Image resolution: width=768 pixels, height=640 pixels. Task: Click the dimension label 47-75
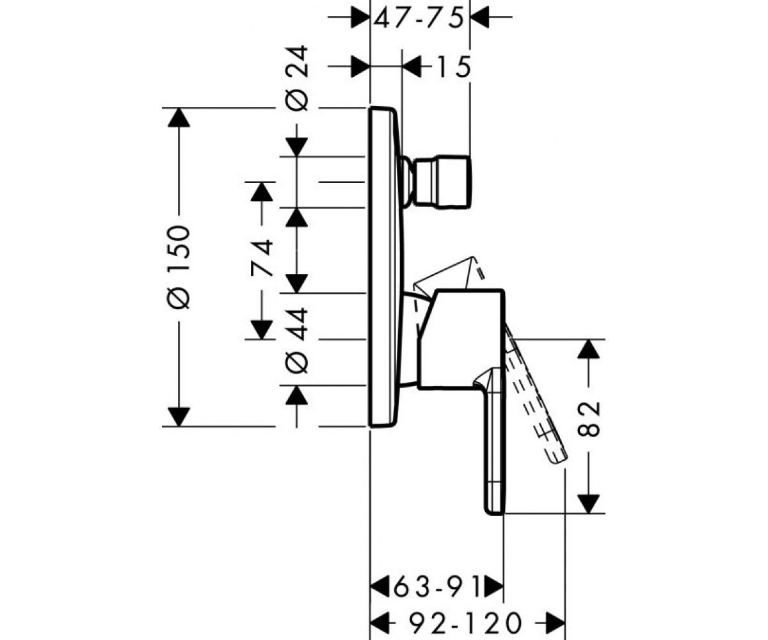[x=418, y=19]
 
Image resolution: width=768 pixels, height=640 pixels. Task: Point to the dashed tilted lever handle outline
[x=538, y=403]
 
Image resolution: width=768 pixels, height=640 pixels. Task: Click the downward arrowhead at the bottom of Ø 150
[x=179, y=417]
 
